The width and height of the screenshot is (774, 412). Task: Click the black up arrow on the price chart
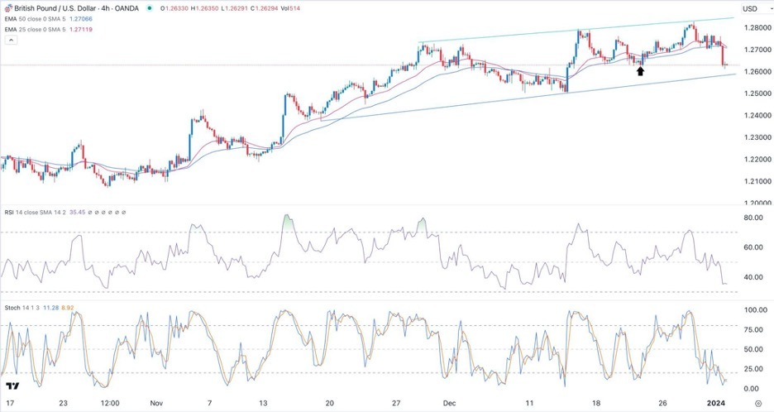click(x=640, y=72)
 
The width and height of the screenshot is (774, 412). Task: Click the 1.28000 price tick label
click(x=751, y=28)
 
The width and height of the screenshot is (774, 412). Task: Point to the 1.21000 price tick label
click(x=751, y=181)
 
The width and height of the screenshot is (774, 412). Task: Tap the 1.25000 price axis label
click(x=751, y=93)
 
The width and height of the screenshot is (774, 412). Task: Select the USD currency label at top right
click(x=750, y=9)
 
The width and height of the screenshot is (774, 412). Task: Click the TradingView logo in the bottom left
click(x=12, y=386)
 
